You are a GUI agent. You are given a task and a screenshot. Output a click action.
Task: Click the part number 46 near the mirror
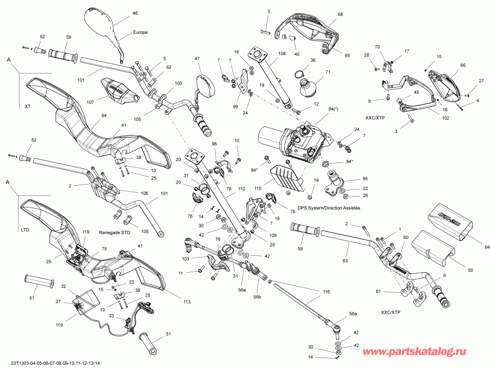(x=135, y=13)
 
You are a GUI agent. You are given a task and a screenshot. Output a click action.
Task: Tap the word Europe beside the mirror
(x=140, y=32)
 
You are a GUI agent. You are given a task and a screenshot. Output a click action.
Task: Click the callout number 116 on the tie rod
(x=326, y=292)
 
